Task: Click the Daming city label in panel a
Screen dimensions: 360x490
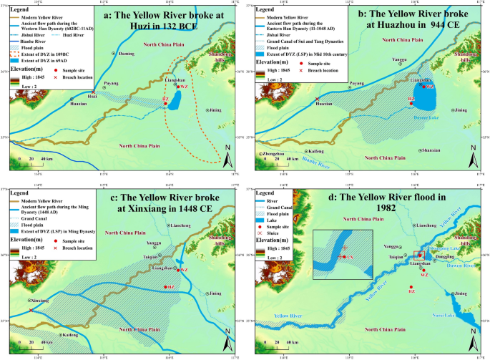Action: pos(126,54)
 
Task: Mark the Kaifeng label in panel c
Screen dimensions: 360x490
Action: pos(69,335)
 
